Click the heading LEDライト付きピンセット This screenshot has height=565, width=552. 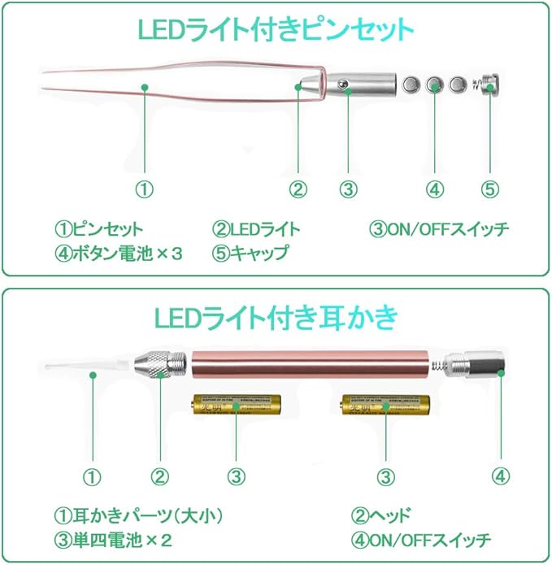point(275,29)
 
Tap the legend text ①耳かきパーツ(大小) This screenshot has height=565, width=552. point(138,516)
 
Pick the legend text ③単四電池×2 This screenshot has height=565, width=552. point(114,540)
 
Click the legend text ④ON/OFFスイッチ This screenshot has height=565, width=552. point(421,540)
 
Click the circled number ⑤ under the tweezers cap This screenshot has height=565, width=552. point(488,189)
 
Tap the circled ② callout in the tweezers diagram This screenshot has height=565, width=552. point(298,189)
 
